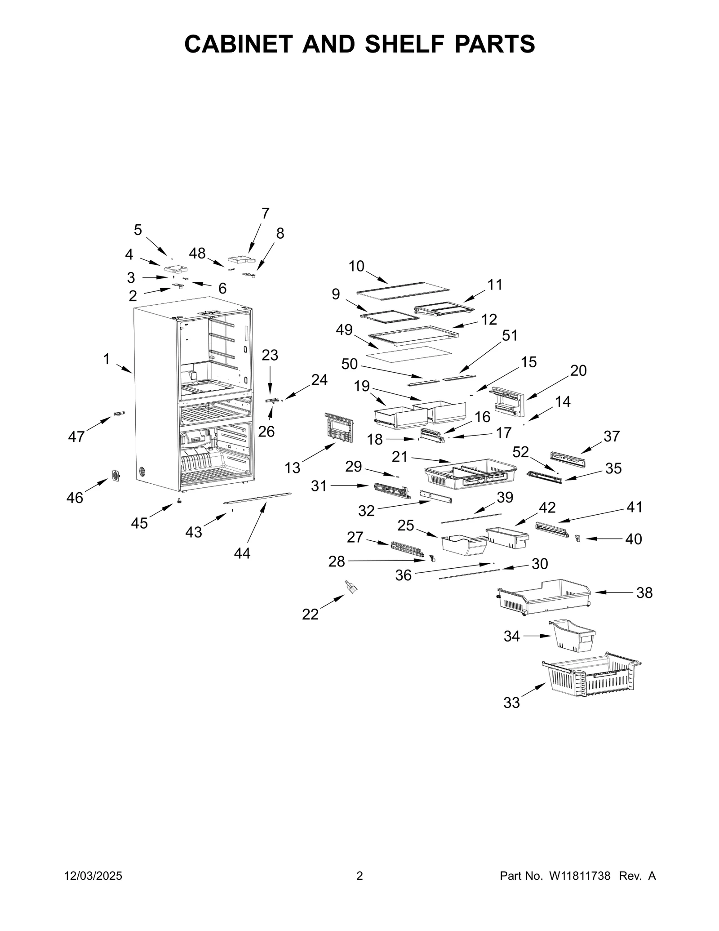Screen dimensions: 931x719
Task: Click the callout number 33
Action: [511, 702]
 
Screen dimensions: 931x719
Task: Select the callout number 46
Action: [75, 498]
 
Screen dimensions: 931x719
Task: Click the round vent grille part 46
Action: [116, 475]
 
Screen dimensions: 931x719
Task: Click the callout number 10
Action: [356, 266]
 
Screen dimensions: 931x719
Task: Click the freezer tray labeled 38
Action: [544, 596]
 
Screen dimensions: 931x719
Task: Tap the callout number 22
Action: [310, 614]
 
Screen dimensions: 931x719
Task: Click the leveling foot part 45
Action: [179, 501]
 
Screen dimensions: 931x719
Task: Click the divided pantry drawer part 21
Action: [470, 474]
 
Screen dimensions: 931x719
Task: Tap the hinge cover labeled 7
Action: [241, 260]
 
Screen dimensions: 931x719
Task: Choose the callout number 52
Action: [521, 452]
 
